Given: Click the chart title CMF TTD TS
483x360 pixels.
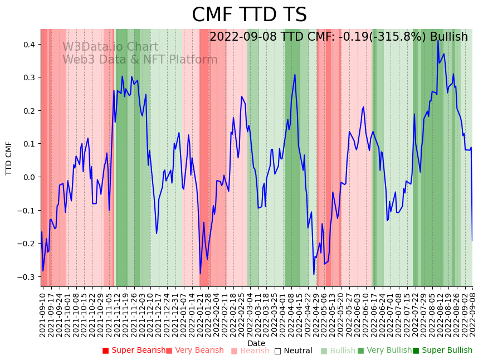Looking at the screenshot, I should [x=249, y=15].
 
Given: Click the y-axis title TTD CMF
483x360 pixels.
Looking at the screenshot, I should [x=9, y=158].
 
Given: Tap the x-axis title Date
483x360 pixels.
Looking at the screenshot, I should [x=256, y=343].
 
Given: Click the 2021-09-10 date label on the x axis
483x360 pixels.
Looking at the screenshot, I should [x=42, y=314].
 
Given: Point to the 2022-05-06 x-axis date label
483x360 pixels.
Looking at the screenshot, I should [x=322, y=314].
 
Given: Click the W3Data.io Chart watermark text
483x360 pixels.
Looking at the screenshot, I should [x=110, y=47].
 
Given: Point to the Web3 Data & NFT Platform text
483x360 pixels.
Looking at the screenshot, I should [x=140, y=60].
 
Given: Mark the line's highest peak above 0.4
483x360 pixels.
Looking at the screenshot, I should [x=438, y=40].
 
